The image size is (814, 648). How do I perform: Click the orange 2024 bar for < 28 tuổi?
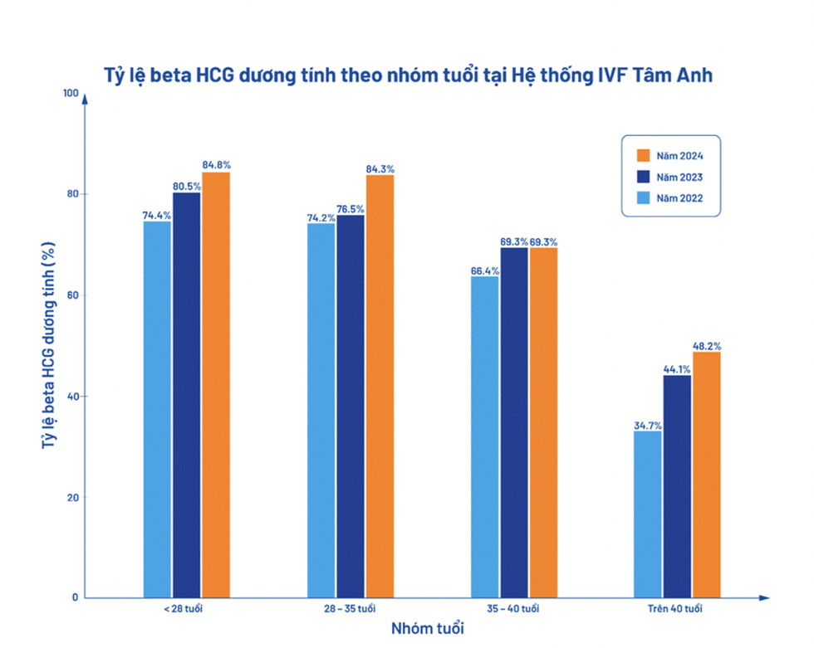216,385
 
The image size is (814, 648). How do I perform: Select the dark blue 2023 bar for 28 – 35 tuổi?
351,407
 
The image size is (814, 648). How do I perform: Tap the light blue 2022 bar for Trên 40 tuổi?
648,514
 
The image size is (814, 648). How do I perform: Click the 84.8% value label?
216,164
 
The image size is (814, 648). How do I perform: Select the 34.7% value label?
648,425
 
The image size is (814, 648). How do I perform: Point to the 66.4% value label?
485,270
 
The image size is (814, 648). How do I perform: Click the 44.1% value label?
677,370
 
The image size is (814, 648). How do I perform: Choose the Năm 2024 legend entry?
671,155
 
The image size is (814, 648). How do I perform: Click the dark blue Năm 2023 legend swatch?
641,176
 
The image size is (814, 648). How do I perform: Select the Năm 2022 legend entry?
671,197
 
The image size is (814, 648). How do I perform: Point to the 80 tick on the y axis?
72,194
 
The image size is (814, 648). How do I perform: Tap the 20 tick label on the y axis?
72,498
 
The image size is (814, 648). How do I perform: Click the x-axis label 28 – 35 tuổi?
351,610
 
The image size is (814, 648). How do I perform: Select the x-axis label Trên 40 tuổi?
676,610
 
